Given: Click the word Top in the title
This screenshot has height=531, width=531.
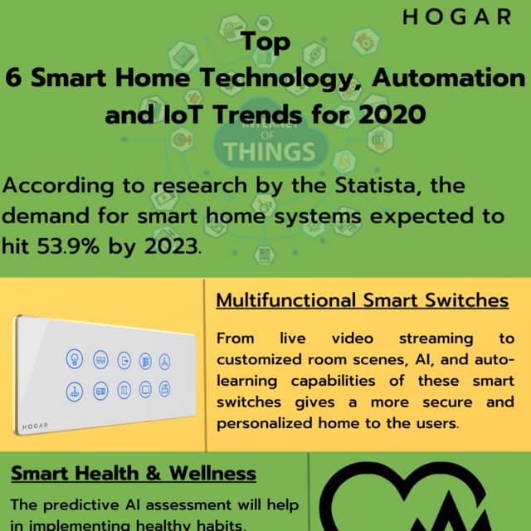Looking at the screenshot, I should point(265,43).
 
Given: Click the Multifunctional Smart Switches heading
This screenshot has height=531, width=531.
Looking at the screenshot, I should point(363,300).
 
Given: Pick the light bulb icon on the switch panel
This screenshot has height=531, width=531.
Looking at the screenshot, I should point(72,359).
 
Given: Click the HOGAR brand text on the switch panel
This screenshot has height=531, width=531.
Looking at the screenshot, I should point(33,425).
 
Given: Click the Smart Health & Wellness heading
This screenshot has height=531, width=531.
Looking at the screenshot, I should point(134,474).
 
